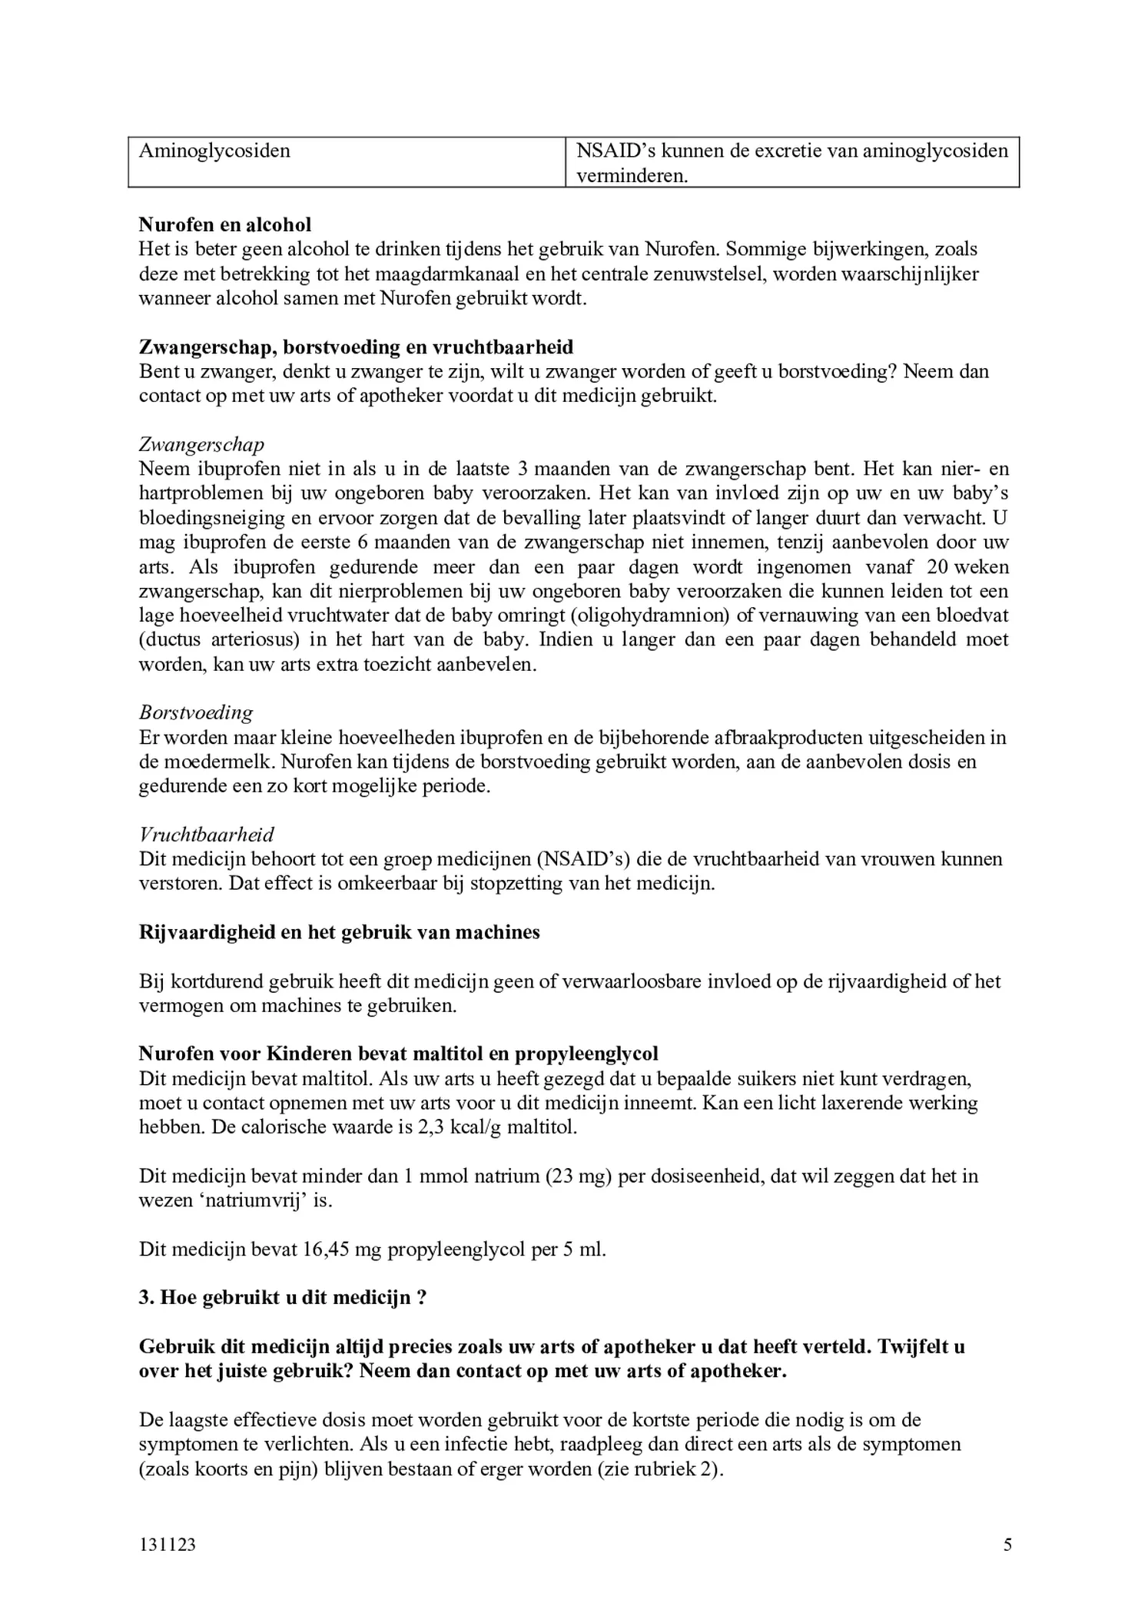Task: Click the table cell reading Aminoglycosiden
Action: [x=214, y=151]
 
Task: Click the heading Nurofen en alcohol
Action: [x=225, y=224]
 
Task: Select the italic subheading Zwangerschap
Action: [x=201, y=445]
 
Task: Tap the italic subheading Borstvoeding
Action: [x=196, y=713]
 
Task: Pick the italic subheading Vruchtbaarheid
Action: [x=206, y=835]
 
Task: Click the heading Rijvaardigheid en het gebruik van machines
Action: [x=339, y=932]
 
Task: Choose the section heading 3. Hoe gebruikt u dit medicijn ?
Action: [x=283, y=1298]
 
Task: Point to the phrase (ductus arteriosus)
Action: [x=224, y=640]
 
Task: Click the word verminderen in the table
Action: [x=632, y=176]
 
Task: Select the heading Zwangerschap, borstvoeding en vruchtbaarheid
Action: [x=356, y=347]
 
